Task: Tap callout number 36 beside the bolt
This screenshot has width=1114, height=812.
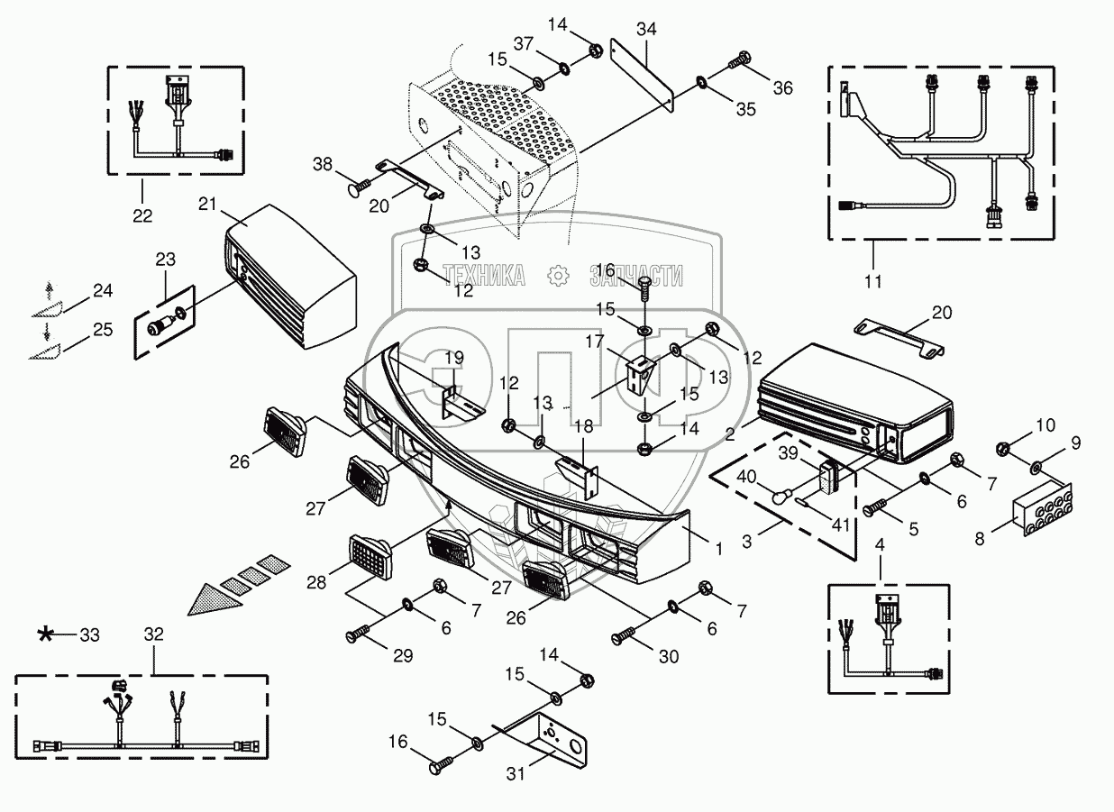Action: click(781, 87)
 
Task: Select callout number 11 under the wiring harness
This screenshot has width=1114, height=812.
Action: click(872, 282)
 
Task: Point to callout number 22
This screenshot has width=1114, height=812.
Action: click(142, 215)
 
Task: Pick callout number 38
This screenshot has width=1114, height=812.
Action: click(323, 165)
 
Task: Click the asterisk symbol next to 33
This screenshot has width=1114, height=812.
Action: click(45, 635)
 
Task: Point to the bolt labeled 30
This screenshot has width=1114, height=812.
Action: click(620, 638)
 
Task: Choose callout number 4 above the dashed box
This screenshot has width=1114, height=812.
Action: click(880, 544)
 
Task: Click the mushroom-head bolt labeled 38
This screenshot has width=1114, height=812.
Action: click(356, 188)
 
